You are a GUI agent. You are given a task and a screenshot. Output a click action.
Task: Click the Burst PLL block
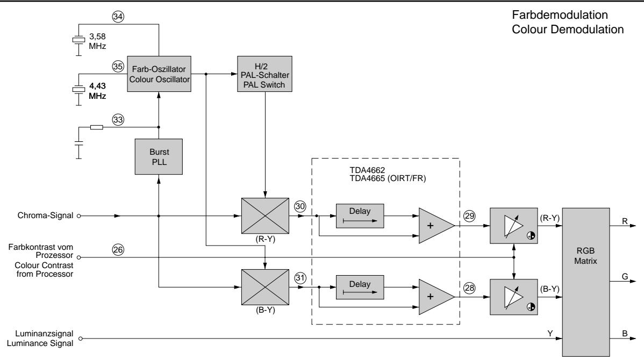(159, 157)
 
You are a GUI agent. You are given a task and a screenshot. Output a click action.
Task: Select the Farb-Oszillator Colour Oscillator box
(159, 74)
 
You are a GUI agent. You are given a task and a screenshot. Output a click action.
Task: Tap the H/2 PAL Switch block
(265, 74)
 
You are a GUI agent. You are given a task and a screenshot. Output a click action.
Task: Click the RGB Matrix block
(586, 282)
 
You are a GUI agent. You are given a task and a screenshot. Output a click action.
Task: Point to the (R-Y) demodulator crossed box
(265, 216)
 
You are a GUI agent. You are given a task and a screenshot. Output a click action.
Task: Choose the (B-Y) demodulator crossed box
(265, 287)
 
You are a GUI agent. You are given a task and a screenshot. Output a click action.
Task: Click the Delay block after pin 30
(360, 216)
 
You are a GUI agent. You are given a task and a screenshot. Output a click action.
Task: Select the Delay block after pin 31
(360, 287)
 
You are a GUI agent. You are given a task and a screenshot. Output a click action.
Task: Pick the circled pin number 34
(118, 17)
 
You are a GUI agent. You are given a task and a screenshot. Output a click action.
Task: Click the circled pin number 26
(118, 249)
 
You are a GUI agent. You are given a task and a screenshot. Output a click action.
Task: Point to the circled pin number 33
(118, 120)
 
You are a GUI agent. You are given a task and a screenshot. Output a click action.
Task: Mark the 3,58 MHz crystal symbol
(78, 40)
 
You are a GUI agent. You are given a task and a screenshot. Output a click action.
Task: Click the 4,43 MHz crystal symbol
(78, 90)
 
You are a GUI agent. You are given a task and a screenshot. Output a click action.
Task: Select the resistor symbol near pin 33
(97, 127)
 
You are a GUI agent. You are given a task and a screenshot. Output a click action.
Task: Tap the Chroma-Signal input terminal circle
(79, 216)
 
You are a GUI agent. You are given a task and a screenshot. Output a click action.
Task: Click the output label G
(625, 276)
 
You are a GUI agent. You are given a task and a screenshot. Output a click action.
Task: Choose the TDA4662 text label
(367, 170)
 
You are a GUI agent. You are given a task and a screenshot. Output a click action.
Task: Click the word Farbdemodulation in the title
(560, 15)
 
